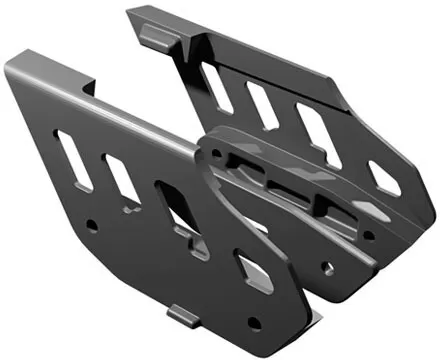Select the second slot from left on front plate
[123, 179]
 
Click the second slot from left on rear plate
[263, 105]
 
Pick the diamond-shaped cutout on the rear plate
[384, 177]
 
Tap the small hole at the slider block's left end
[213, 152]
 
